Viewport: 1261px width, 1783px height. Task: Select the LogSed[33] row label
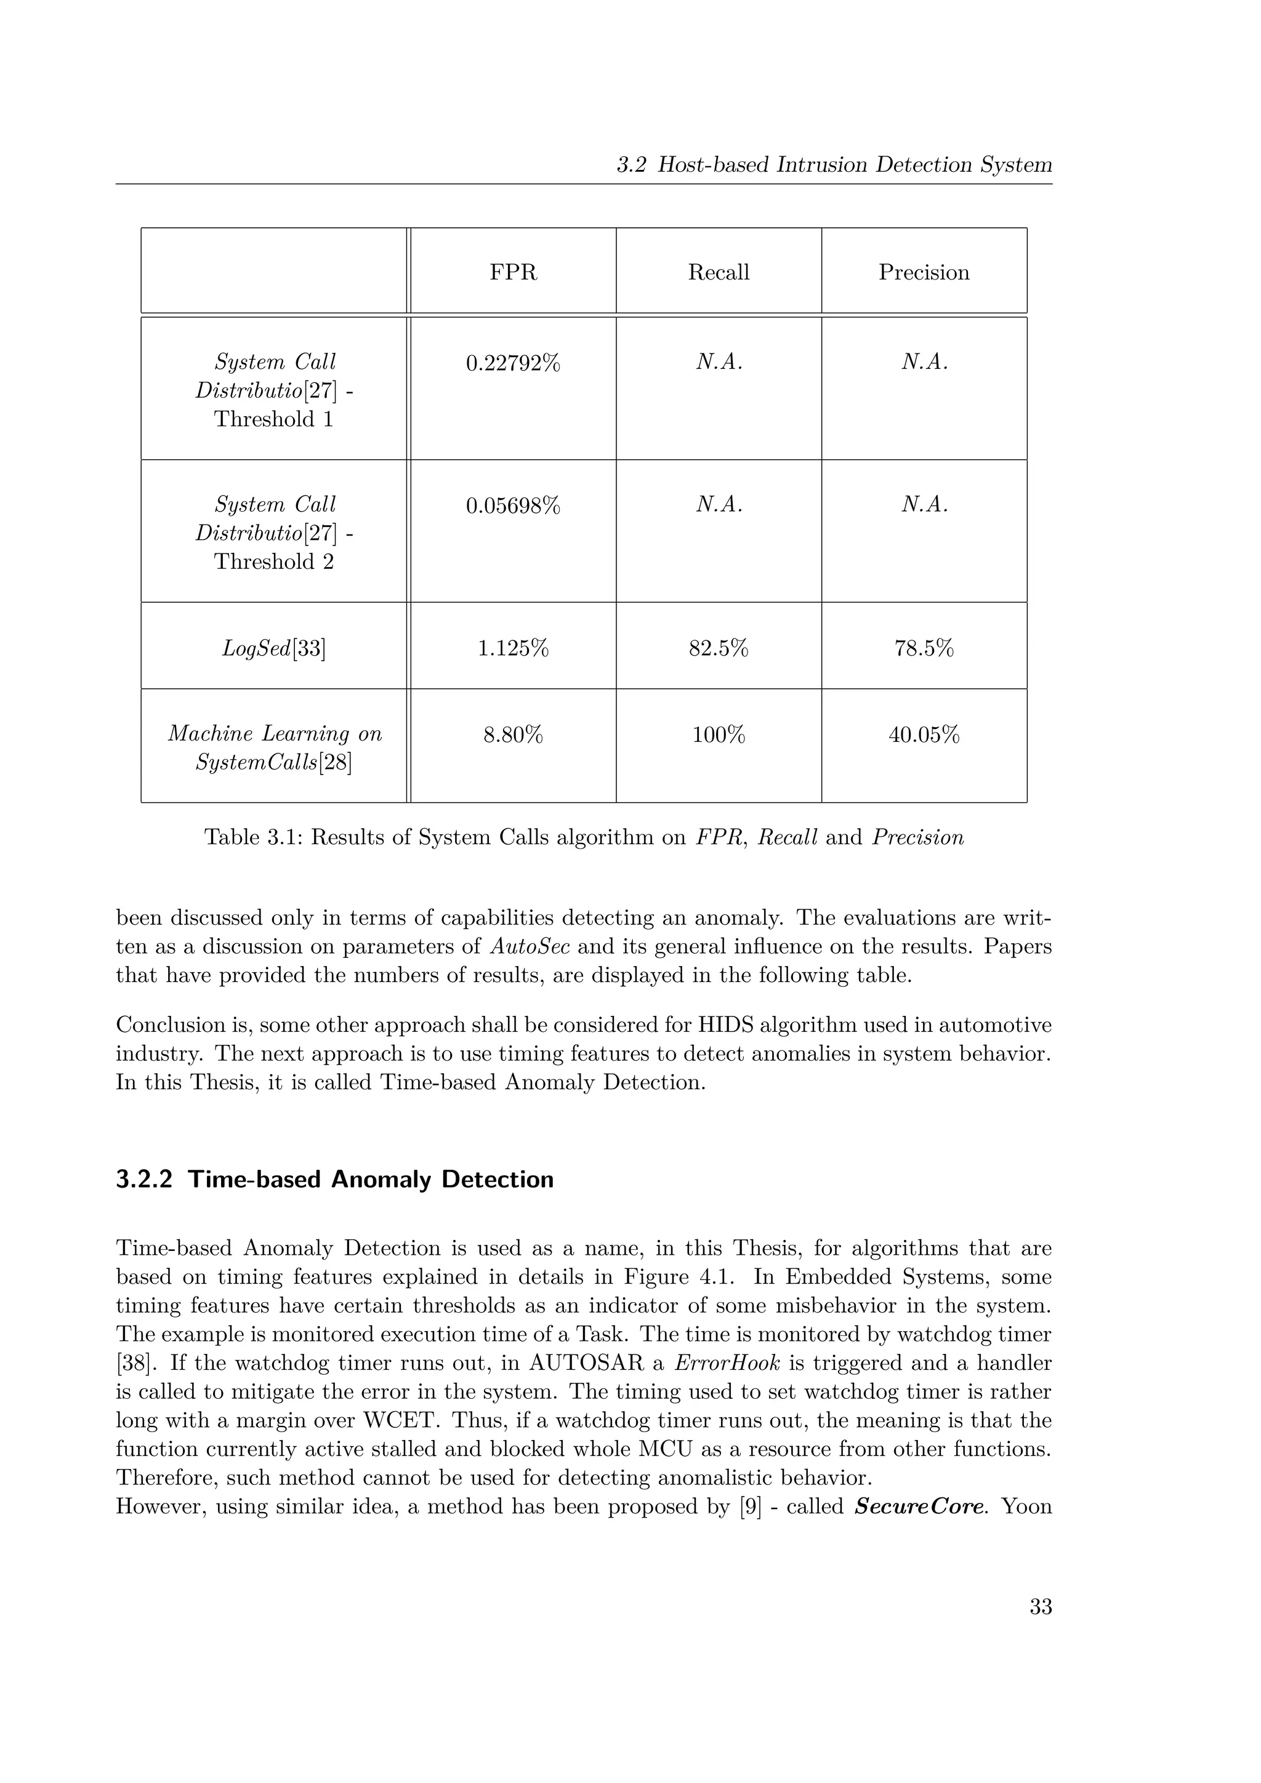(x=273, y=648)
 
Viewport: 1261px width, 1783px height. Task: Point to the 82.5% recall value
(x=719, y=648)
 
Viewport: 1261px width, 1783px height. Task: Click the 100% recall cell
(x=719, y=734)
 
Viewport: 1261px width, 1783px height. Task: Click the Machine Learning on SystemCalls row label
(x=274, y=748)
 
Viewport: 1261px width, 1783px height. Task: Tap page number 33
(x=1040, y=1607)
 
